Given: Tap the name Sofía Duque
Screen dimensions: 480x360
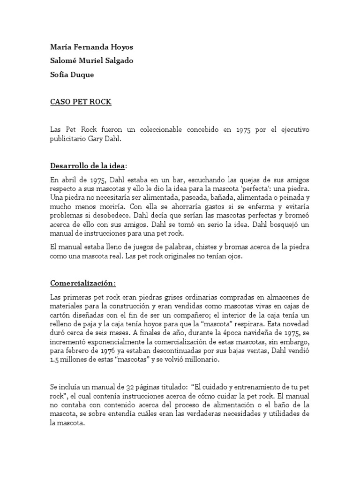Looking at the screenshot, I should coord(72,75).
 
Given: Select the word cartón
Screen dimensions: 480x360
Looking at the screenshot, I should coord(60,315).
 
